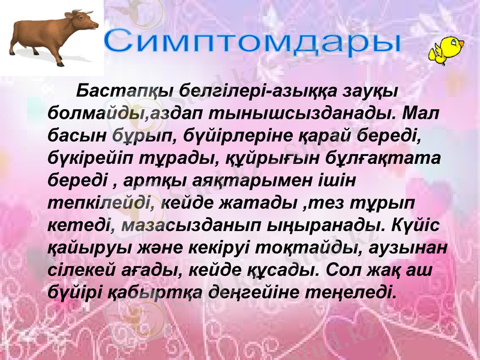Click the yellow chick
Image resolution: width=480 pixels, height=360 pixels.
pos(446,49)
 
